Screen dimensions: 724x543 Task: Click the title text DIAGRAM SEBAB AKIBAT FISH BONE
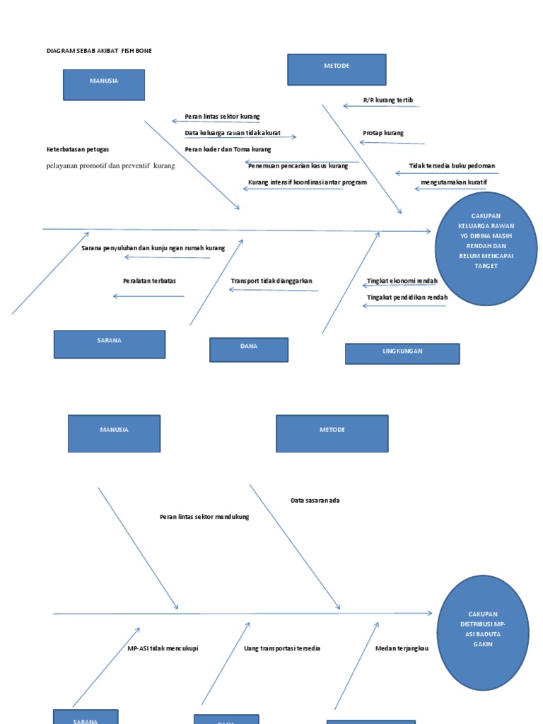pos(99,51)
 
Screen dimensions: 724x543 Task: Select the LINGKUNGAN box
pos(402,353)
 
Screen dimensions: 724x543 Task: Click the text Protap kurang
pos(383,133)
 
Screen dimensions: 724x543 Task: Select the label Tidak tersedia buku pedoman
pos(452,166)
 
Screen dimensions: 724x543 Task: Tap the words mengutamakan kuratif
pos(454,182)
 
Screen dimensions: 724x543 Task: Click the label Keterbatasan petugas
pos(78,149)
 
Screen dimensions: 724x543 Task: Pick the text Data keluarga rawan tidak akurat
pos(233,133)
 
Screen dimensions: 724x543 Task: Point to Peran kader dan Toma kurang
pos(228,149)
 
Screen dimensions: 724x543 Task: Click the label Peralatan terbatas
pos(149,281)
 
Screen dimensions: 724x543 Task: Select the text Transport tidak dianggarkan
pos(271,281)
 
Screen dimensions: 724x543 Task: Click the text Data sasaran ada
pos(315,501)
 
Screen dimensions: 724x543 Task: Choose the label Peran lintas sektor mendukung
pos(204,517)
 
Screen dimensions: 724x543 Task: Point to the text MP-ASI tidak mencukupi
pos(163,648)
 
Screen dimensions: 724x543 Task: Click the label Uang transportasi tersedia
pos(282,648)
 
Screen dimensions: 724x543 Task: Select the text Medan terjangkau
pos(402,648)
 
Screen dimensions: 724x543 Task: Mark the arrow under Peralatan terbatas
pos(148,296)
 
